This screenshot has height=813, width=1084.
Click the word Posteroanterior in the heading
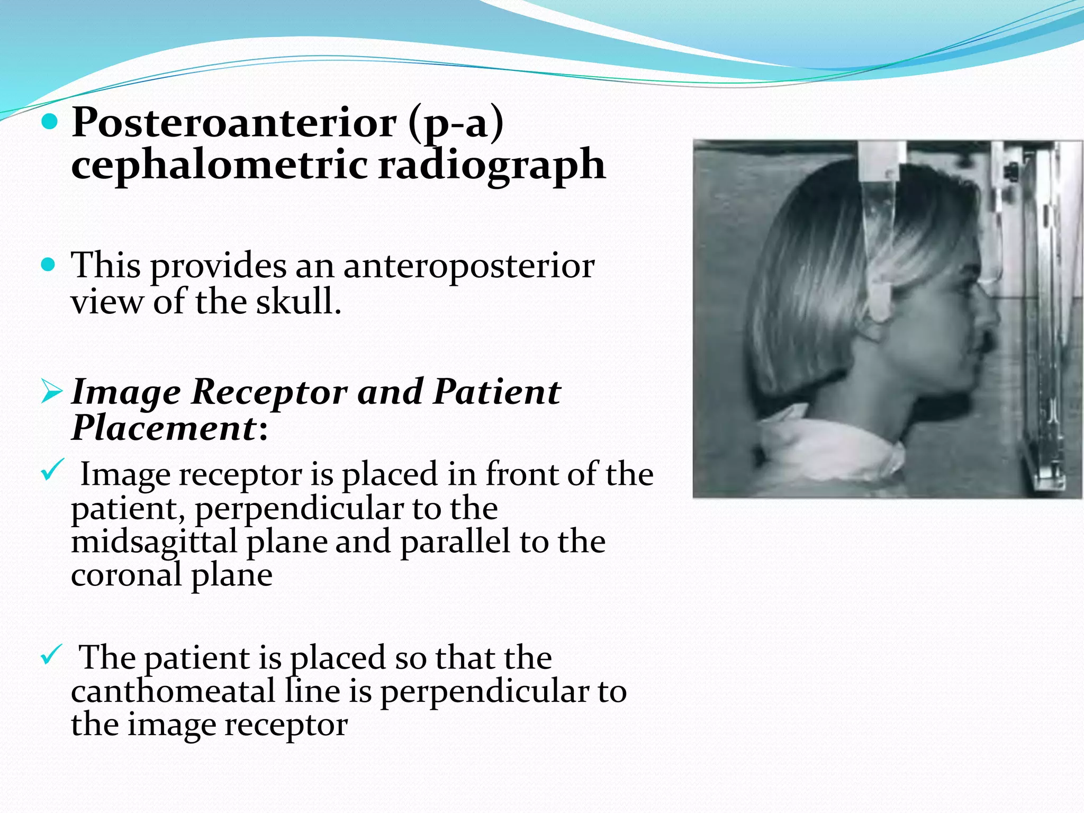pos(233,123)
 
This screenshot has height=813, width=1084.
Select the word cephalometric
pos(219,164)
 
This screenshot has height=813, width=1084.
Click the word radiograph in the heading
pos(492,164)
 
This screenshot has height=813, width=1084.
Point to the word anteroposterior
pos(469,266)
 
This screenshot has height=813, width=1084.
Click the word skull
pos(299,302)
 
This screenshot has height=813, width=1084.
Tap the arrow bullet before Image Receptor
pos(51,393)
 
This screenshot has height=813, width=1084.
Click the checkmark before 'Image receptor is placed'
pos(52,470)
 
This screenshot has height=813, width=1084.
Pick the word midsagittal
pos(154,542)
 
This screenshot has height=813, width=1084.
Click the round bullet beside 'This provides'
pos(48,264)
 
